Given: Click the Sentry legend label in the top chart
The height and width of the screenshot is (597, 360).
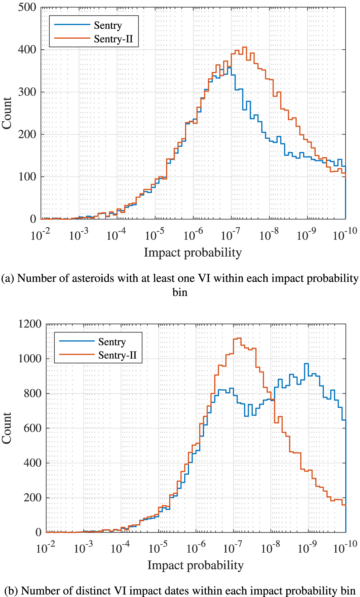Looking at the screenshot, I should [108, 25].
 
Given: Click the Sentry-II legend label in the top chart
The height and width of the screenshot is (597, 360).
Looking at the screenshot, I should [113, 39].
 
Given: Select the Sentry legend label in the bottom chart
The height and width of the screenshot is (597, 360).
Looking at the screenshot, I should [112, 342].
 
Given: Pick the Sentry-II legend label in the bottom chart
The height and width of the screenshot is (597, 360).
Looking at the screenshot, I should [117, 355].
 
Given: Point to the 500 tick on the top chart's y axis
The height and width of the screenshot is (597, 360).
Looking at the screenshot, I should [27, 7].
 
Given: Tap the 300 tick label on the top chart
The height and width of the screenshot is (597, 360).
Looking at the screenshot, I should [27, 92].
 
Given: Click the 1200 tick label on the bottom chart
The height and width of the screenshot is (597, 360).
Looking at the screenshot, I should [30, 324].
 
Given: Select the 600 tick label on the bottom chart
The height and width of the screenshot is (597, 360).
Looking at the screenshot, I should [33, 428].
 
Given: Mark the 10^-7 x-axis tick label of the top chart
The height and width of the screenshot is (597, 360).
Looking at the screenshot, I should [231, 234].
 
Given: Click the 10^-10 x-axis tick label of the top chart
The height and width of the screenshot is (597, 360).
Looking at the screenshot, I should [345, 234].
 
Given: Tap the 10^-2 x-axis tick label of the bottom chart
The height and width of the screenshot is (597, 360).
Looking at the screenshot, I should [46, 548].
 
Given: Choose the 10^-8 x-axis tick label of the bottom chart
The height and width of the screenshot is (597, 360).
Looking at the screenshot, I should [271, 548].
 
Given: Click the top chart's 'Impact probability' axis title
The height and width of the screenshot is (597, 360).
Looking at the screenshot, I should [193, 252].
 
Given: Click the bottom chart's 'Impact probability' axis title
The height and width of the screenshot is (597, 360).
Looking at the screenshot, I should [195, 565].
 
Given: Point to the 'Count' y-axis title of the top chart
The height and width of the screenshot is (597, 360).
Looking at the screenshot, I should [7, 113].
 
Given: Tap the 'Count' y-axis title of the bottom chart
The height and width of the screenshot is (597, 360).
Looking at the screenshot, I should [7, 428].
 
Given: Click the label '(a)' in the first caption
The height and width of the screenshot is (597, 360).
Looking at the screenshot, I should [8, 278].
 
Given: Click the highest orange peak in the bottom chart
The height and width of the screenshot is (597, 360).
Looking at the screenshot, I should [238, 338].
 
